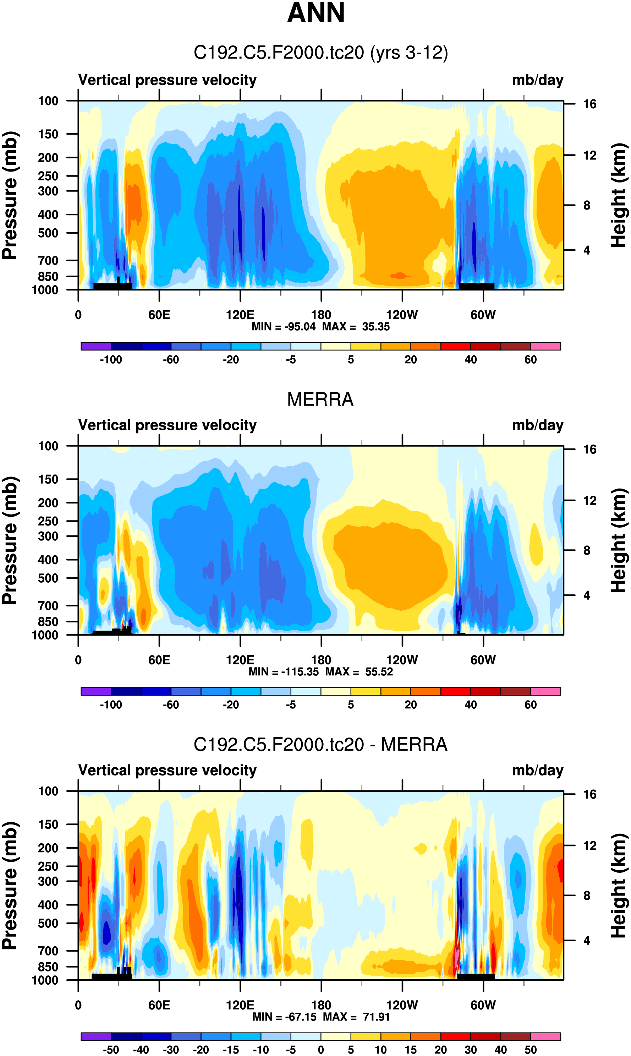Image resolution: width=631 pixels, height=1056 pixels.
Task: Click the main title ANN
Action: pyautogui.click(x=315, y=13)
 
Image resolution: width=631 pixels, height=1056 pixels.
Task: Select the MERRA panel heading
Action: pyautogui.click(x=320, y=399)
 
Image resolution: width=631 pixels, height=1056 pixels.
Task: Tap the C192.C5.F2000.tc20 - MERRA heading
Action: pyautogui.click(x=320, y=744)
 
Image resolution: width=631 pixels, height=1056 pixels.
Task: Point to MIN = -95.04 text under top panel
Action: pyautogui.click(x=283, y=327)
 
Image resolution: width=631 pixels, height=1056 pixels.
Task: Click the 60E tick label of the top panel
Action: pyautogui.click(x=159, y=315)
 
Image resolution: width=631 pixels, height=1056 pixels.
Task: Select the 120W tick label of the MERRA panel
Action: pyautogui.click(x=402, y=660)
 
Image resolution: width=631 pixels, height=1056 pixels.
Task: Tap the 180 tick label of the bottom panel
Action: pyautogui.click(x=321, y=1005)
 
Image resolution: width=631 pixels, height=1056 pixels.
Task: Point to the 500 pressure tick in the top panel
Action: pyautogui.click(x=48, y=233)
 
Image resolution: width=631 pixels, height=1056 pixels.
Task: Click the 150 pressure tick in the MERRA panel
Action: pyautogui.click(x=48, y=479)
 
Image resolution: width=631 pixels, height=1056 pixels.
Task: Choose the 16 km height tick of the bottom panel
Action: pyautogui.click(x=589, y=794)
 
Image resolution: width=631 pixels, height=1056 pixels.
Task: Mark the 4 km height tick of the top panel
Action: pyautogui.click(x=587, y=250)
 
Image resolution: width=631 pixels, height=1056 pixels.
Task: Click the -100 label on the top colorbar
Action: pyautogui.click(x=111, y=360)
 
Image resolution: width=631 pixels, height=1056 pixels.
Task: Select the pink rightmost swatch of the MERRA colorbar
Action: pyautogui.click(x=545, y=691)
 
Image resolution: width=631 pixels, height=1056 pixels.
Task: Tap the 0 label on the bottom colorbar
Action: pyautogui.click(x=321, y=1050)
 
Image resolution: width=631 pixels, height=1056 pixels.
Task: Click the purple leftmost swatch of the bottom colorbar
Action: pyautogui.click(x=96, y=1036)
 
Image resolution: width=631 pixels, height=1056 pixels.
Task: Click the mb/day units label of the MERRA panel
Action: pyautogui.click(x=537, y=425)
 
